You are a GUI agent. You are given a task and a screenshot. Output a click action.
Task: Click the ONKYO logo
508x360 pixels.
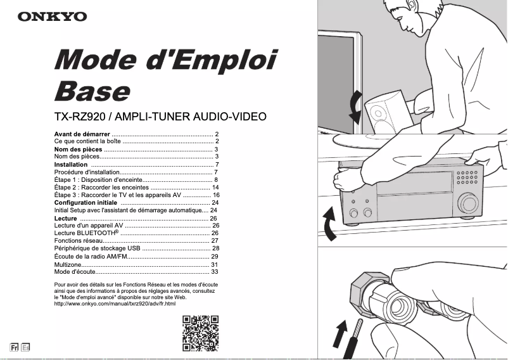[52, 16]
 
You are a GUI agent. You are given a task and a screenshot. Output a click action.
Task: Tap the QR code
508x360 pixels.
[200, 333]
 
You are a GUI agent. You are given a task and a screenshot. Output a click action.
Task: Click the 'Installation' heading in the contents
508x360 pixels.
[72, 164]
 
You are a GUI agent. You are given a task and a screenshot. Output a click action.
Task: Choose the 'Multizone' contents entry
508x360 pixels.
[68, 264]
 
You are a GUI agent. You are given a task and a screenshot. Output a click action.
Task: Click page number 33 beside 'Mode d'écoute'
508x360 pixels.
[214, 271]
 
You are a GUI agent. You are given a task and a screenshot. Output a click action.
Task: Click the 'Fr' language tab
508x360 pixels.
[14, 347]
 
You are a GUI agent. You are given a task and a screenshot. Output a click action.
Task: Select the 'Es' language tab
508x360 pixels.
[25, 347]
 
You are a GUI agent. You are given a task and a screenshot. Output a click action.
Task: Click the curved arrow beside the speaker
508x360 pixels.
[357, 108]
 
